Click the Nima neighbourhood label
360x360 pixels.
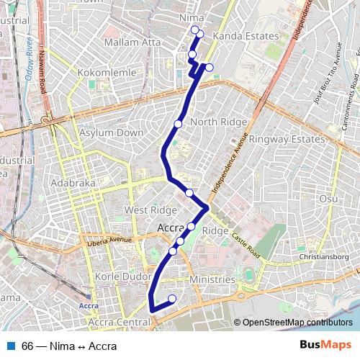tap(194, 17)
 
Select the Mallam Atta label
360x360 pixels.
tap(132, 42)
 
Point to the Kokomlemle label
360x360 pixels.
tap(82, 73)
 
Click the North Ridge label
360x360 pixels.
tap(219, 122)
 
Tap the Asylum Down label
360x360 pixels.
tap(111, 133)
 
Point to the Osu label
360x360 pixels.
tap(328, 199)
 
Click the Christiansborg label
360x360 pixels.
tap(325, 256)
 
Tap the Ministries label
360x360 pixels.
tap(212, 279)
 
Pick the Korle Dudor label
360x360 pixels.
tap(119, 276)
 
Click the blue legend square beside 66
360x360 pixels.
tap(9, 346)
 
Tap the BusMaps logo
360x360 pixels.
tap(325, 345)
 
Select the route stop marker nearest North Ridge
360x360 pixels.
tap(178, 124)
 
